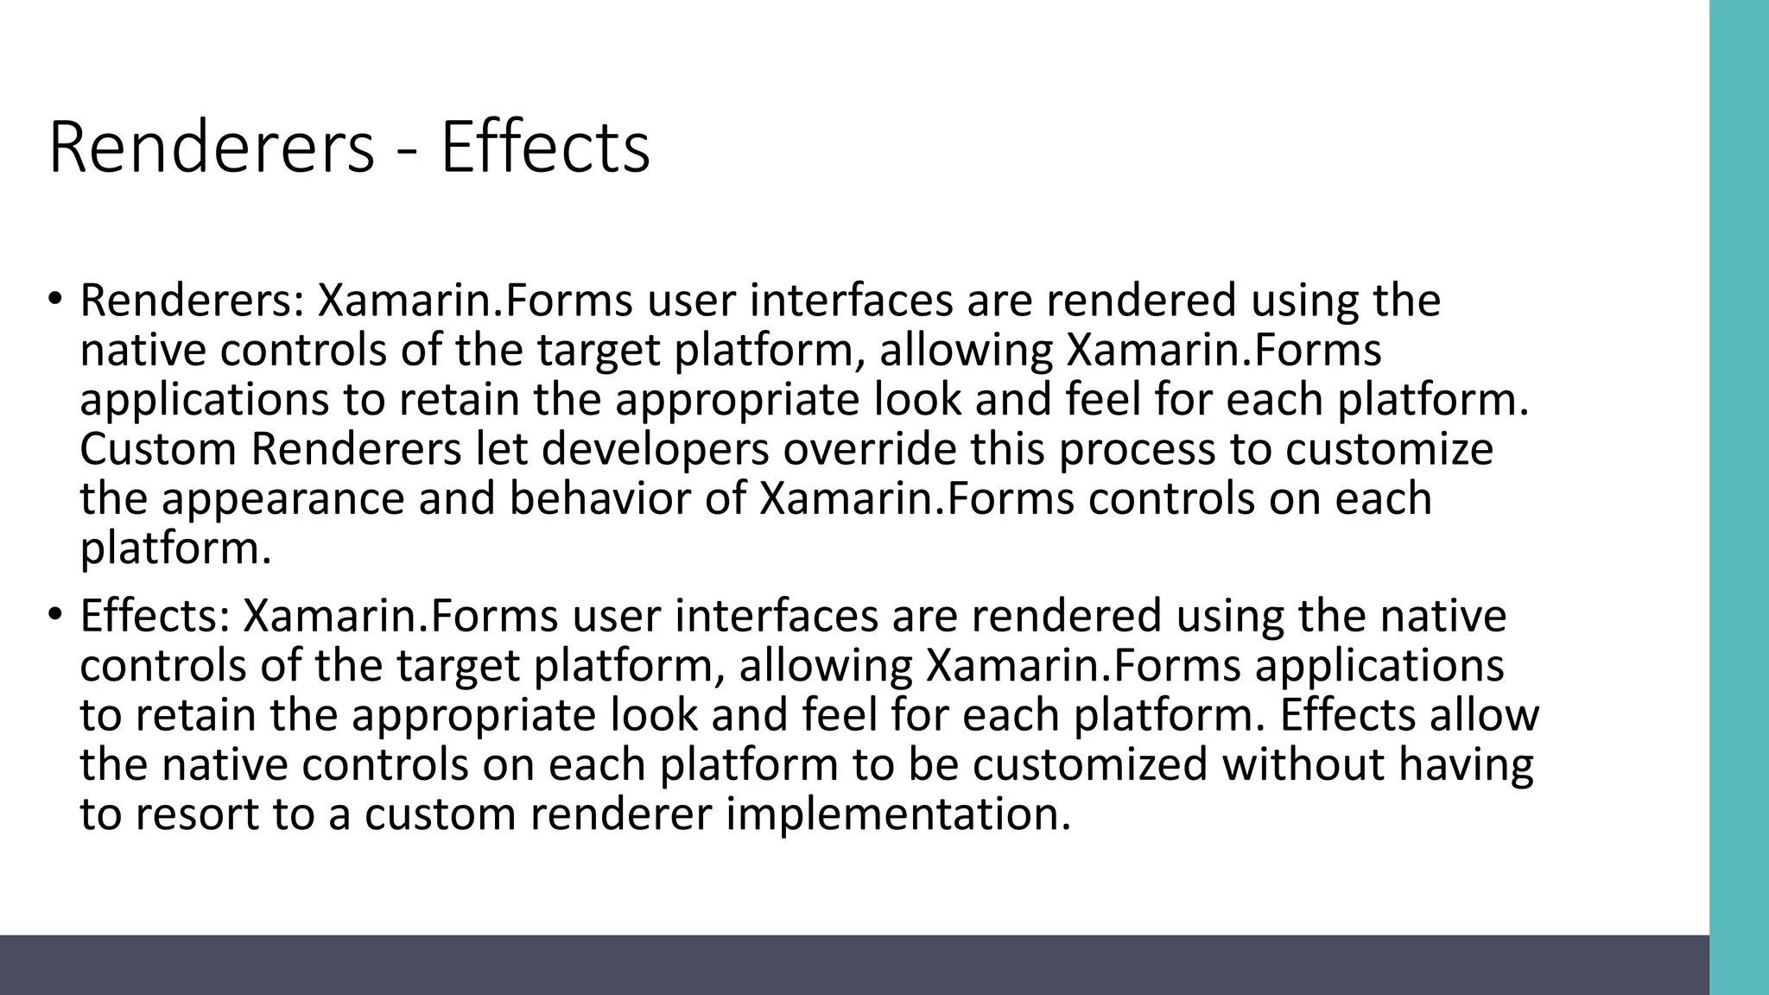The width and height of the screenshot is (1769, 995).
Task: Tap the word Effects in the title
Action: [545, 149]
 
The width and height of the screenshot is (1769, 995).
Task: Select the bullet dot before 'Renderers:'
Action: [54, 300]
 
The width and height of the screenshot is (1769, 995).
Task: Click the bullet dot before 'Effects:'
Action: [54, 615]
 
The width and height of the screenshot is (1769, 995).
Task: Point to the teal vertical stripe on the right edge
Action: [1739, 497]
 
